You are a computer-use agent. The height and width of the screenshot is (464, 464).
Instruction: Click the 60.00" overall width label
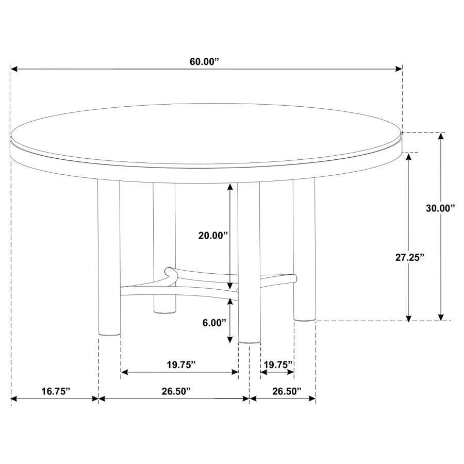[x=204, y=62]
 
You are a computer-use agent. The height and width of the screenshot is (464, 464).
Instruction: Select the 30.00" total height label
[x=440, y=208]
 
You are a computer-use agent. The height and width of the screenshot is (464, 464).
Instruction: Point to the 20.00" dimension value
[x=213, y=236]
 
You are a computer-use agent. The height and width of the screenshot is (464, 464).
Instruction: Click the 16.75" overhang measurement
[x=56, y=391]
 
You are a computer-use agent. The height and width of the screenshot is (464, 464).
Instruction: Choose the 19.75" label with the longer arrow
[x=181, y=365]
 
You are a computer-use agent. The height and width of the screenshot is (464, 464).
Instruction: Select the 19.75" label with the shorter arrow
[x=277, y=365]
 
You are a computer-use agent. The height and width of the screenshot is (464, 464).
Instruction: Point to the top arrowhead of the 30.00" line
[x=441, y=136]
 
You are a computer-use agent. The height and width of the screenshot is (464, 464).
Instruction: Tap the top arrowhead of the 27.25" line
[x=409, y=156]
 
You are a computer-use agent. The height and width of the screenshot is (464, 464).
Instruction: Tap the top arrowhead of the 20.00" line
[x=230, y=188]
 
